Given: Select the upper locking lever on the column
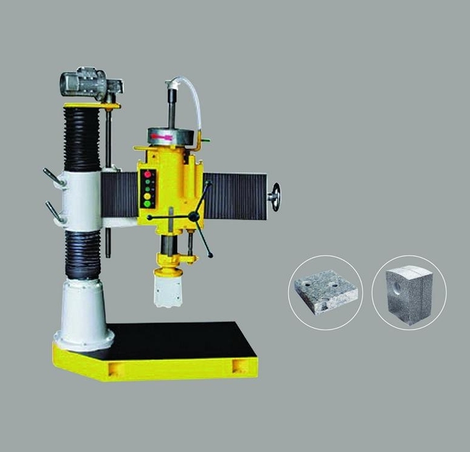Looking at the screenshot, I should point(54,178).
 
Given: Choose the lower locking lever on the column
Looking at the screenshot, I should point(54,211).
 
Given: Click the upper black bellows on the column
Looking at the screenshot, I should point(82,137).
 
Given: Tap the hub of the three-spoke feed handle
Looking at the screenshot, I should point(194,217).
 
